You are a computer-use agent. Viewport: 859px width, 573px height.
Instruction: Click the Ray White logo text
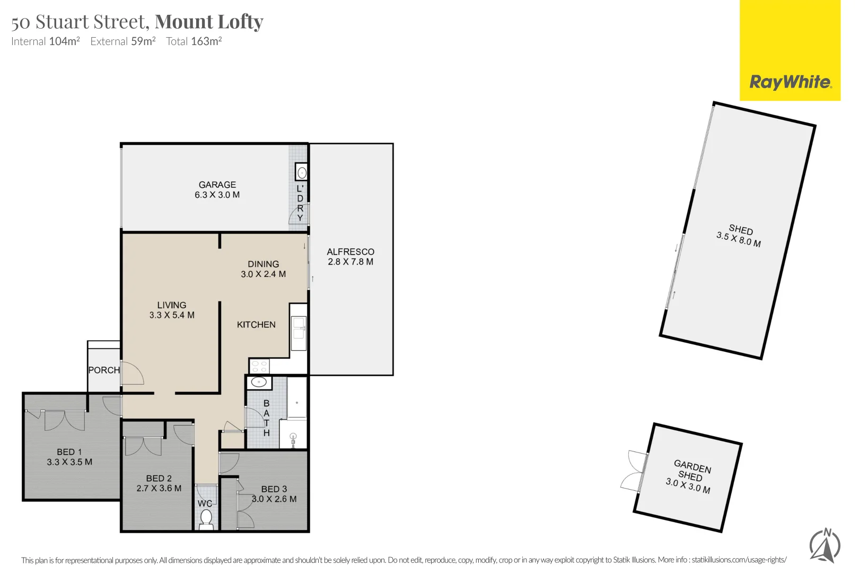pos(791,82)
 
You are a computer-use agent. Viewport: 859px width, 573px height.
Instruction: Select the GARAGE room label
pos(217,185)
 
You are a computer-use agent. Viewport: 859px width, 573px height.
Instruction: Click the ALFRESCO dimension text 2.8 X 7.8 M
pos(350,262)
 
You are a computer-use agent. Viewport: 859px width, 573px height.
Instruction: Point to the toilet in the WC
pos(206,518)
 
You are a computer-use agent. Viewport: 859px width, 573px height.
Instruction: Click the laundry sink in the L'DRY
pos(301,172)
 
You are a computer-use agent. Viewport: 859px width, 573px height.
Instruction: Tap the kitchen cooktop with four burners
pos(260,366)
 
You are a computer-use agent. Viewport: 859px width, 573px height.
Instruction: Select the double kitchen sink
pos(299,333)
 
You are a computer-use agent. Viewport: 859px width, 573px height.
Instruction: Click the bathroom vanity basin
pos(259,383)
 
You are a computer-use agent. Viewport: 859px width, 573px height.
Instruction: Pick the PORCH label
pos(104,370)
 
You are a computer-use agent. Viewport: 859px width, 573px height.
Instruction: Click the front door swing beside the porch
pos(133,372)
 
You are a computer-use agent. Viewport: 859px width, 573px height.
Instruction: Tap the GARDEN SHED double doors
pos(634,471)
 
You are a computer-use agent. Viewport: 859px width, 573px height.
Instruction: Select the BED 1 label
pos(69,452)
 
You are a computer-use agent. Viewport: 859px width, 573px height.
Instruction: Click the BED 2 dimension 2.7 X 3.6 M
pos(159,488)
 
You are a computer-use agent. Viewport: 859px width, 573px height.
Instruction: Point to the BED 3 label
pos(274,489)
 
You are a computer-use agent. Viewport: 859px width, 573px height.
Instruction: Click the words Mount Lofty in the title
pos(209,22)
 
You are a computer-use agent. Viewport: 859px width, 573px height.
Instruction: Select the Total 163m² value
pos(206,41)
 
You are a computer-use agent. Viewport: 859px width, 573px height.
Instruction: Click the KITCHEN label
pos(256,325)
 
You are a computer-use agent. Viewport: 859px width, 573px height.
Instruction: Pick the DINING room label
pos(263,264)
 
